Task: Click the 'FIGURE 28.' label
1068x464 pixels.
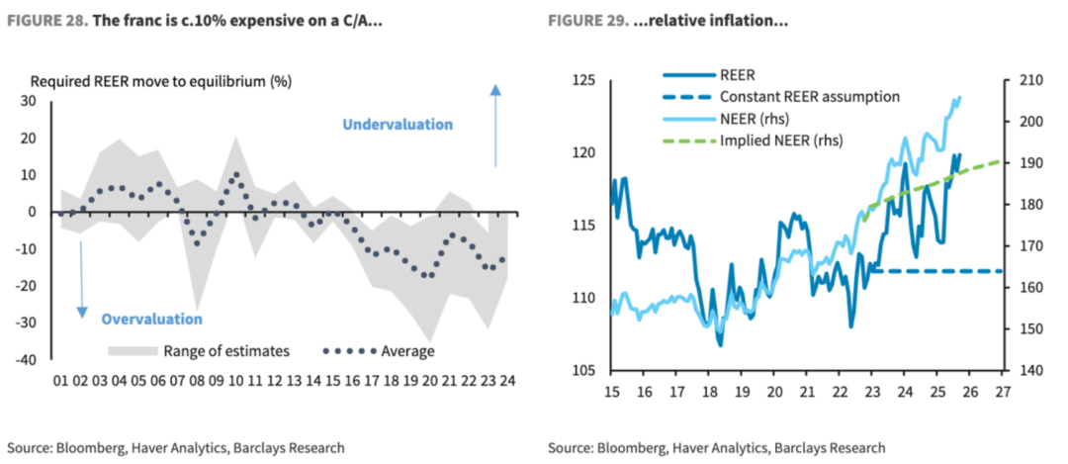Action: tap(47, 22)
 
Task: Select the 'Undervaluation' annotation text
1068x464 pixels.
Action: tap(398, 125)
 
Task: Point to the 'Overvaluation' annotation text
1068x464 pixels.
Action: tap(151, 319)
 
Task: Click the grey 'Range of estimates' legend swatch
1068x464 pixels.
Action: tap(131, 350)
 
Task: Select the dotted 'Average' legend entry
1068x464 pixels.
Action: tap(379, 350)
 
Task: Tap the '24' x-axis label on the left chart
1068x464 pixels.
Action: tap(508, 380)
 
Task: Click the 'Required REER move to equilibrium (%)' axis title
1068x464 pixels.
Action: tap(161, 80)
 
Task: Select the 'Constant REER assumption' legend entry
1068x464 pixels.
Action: tap(809, 97)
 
